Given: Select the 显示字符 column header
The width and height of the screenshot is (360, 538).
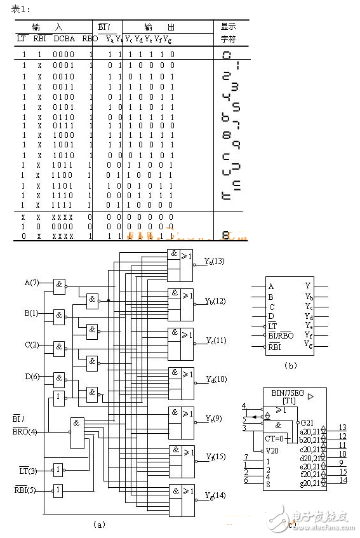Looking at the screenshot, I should click(228, 32).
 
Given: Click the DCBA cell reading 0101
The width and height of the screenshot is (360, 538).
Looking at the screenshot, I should click(63, 106).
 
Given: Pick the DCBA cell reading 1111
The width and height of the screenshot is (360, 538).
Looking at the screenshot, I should click(63, 205).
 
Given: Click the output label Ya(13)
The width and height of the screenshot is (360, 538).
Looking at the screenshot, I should click(215, 261).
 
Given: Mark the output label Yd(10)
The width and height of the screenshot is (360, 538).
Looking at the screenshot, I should click(215, 379).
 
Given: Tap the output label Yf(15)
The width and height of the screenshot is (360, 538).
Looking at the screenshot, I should click(215, 456).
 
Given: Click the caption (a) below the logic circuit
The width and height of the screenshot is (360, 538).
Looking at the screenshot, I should click(98, 525).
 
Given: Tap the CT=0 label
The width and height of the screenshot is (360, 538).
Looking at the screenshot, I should click(275, 438).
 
